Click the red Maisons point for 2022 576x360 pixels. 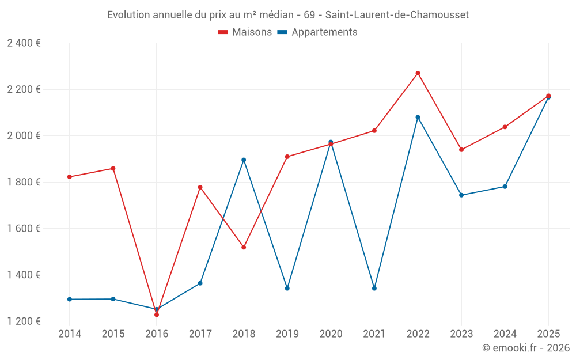click(418, 73)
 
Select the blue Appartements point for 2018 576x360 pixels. click(244, 160)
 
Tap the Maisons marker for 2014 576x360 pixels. click(70, 177)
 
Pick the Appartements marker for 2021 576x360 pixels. click(374, 288)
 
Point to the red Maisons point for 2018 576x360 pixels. click(244, 247)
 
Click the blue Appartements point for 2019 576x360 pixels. click(287, 288)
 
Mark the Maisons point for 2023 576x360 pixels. click(461, 150)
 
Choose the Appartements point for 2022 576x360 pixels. click(418, 117)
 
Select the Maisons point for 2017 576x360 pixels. click(200, 187)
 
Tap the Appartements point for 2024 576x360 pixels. click(505, 187)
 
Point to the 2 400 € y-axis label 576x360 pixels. click(24, 43)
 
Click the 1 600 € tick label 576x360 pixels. click(24, 229)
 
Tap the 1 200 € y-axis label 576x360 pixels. click(24, 321)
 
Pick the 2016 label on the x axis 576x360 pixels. click(157, 334)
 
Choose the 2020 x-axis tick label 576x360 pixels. click(331, 334)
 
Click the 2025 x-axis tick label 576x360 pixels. click(548, 334)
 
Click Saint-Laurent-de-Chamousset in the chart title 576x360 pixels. click(397, 14)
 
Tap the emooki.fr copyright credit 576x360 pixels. click(526, 348)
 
